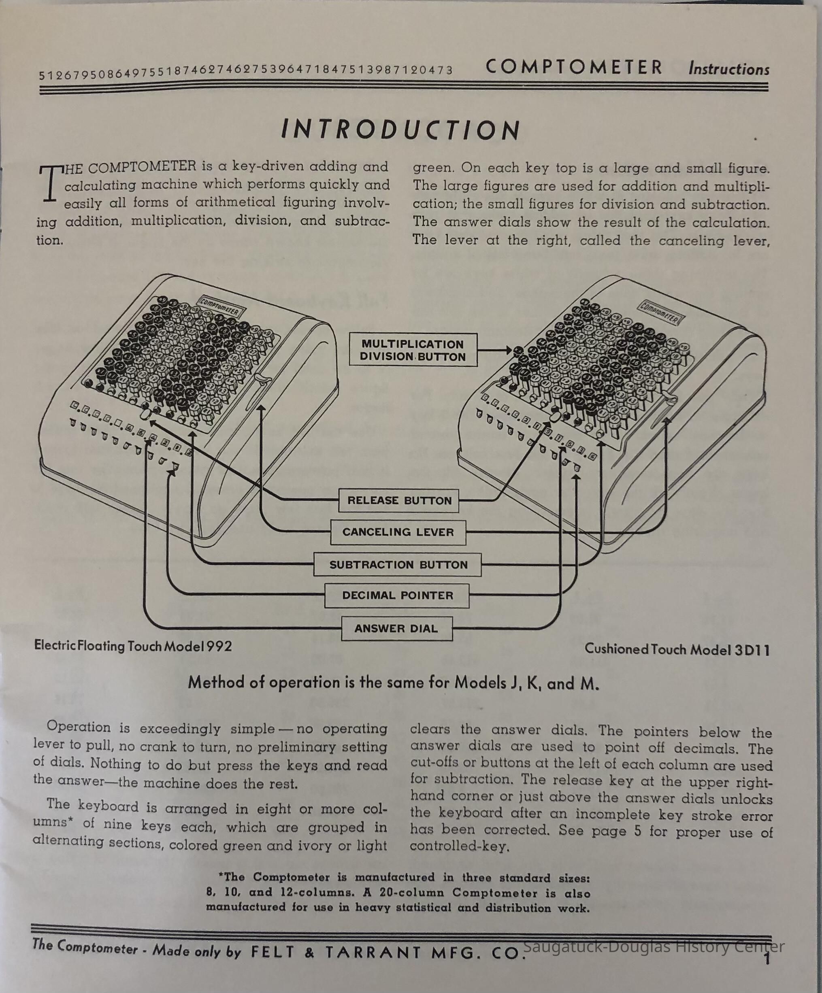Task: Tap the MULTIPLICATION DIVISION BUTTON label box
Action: point(413,350)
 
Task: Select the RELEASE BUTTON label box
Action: point(399,501)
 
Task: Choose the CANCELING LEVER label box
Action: point(398,532)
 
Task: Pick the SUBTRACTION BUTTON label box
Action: point(398,565)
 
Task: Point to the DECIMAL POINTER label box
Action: point(397,595)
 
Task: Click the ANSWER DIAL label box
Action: point(396,628)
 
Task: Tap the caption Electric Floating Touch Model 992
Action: point(133,646)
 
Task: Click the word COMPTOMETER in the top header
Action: point(574,68)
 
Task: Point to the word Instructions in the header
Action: point(729,69)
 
